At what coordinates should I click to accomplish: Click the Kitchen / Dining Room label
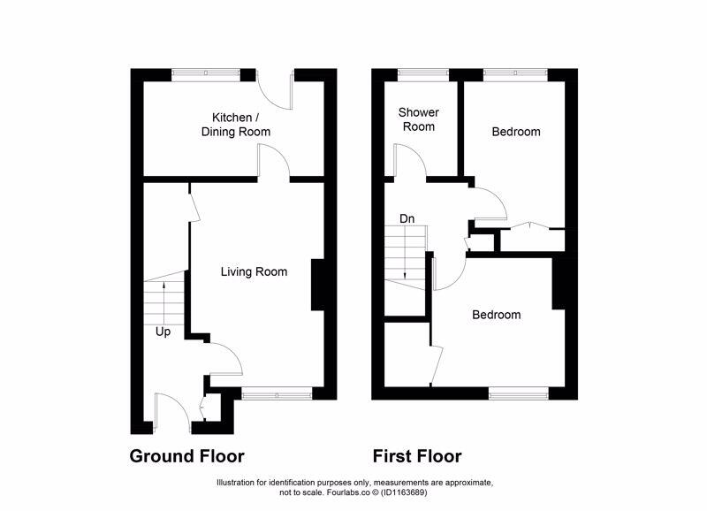click(x=240, y=125)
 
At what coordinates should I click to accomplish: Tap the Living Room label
click(x=254, y=271)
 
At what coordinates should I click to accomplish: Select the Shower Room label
click(x=418, y=119)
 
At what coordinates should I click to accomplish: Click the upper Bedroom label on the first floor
click(x=515, y=132)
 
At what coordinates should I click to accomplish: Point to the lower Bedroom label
click(x=496, y=315)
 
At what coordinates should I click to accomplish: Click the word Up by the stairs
click(x=163, y=332)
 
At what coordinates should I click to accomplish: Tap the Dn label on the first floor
click(x=407, y=218)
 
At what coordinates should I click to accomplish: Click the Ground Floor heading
click(x=186, y=456)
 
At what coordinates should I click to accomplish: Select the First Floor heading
click(x=417, y=456)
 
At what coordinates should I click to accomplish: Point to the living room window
click(x=276, y=393)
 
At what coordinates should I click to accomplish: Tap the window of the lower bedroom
click(x=519, y=393)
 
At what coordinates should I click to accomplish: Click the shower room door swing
click(x=409, y=161)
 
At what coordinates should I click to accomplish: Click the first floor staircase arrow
click(x=404, y=256)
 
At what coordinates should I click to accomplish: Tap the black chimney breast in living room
click(x=316, y=285)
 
